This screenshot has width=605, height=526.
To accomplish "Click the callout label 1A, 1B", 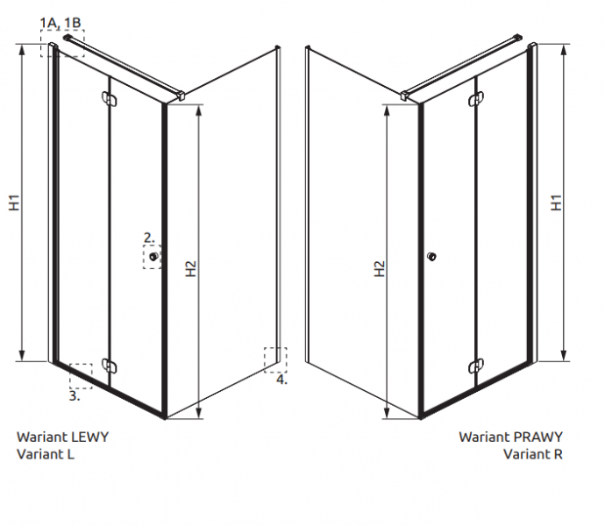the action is pos(60,23).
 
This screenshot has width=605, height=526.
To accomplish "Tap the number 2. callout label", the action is pos(149,238).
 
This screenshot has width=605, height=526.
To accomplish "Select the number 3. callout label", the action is pos(75,395).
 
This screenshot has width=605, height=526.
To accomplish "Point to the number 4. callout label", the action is pos(281,380).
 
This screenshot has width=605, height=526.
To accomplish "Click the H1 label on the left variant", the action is pos(14,203).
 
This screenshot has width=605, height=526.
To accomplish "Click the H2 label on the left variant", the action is pos(190,268).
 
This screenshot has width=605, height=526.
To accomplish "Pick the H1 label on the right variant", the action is pos(556,203).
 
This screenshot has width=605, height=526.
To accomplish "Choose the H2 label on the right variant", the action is pos(380,268).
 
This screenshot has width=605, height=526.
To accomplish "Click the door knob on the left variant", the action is pos(153,257).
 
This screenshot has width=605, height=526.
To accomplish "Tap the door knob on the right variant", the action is pos(431,256).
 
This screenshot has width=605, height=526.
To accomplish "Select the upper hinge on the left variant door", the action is pos(109,98).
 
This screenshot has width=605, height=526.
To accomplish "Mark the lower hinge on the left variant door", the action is pos(109,366).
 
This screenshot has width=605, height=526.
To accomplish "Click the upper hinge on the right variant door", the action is pos(476,98).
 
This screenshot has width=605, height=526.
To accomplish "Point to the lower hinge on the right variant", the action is pos(476,366).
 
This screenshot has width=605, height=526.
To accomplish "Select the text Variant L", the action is pos(46,454).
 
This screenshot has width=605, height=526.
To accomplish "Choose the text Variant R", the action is pos(533,454).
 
